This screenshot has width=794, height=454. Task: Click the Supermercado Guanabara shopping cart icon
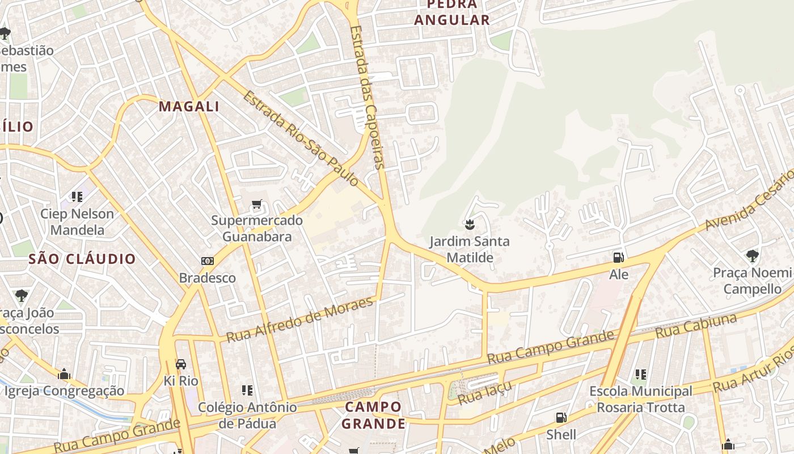tap(257, 204)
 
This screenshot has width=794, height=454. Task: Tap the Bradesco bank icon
tap(208, 261)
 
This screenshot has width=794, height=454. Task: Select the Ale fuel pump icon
tap(618, 258)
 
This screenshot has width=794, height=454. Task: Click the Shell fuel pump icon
tap(561, 418)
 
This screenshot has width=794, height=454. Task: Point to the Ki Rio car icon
tap(180, 364)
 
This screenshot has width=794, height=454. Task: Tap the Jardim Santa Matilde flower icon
tap(469, 225)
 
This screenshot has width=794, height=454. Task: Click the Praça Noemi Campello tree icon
tap(752, 256)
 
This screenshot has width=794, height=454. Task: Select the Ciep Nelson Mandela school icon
tap(77, 197)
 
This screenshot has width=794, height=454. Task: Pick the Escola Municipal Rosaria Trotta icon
tap(641, 374)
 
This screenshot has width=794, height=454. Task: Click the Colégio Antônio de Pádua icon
tap(247, 390)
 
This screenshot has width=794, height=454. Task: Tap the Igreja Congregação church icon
tap(64, 374)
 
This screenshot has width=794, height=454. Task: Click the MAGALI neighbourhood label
tap(189, 106)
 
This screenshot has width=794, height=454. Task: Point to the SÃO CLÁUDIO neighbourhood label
tap(82, 259)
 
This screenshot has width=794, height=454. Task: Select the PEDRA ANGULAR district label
tap(451, 12)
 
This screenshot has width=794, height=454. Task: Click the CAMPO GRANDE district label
tap(373, 415)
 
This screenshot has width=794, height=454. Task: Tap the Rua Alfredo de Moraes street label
tap(300, 320)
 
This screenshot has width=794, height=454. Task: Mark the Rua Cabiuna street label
tap(696, 326)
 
